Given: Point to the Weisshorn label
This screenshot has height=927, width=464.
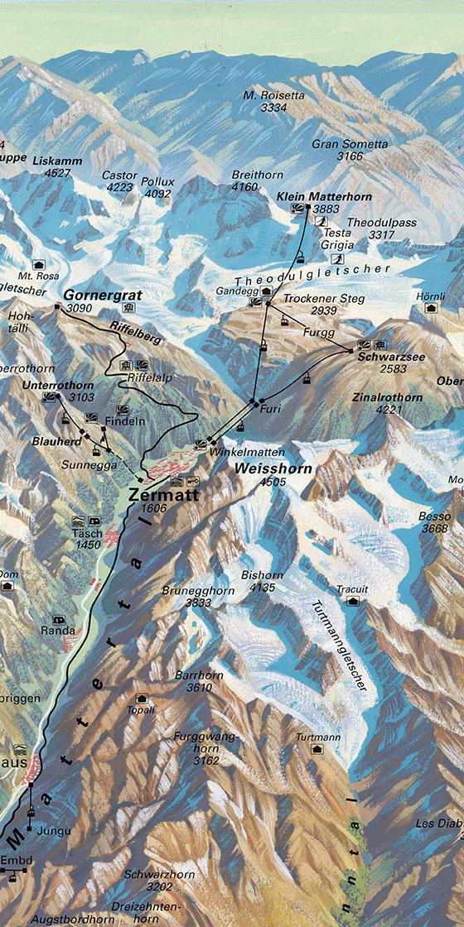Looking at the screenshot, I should point(262,469).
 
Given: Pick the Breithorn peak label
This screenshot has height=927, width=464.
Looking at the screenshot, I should point(257,175).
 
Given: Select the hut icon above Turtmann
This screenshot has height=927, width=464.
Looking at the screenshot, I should point(317,749).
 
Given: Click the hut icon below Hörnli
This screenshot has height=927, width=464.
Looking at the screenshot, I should point(430,308).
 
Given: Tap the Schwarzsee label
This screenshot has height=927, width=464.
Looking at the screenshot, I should point(382,357).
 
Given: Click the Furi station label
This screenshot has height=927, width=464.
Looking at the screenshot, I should point(266,410).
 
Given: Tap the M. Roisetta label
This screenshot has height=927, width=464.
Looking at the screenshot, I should point(274,95).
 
